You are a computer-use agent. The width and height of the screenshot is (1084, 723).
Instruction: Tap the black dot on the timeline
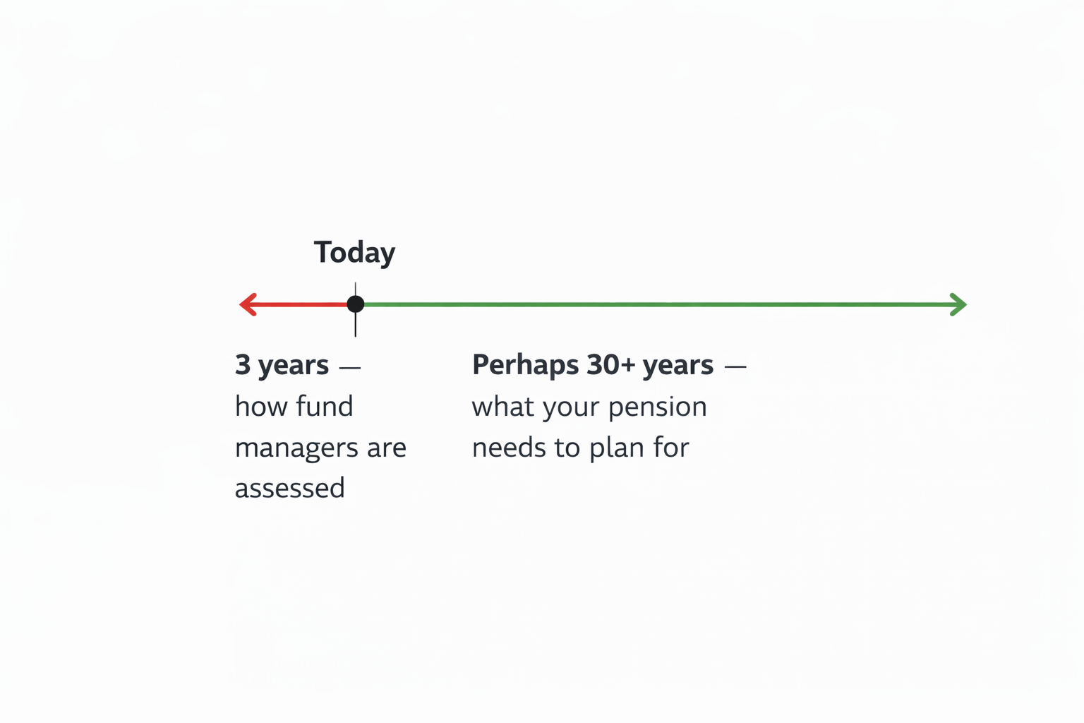click(356, 304)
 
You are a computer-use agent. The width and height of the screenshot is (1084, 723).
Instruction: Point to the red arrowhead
click(248, 304)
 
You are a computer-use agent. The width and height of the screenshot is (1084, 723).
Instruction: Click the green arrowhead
click(958, 304)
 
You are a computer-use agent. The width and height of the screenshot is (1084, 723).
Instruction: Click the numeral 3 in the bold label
click(243, 364)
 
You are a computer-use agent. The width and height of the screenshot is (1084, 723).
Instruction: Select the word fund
click(324, 406)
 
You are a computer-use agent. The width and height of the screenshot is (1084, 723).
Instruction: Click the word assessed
click(290, 488)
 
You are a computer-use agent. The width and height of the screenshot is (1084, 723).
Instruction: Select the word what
click(503, 406)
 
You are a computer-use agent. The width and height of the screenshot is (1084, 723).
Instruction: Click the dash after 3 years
click(350, 367)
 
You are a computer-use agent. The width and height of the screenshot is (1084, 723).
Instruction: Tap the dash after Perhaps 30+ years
click(735, 367)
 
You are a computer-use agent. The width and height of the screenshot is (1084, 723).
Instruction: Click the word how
click(261, 406)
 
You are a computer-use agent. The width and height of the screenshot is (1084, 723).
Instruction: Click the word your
click(571, 408)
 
